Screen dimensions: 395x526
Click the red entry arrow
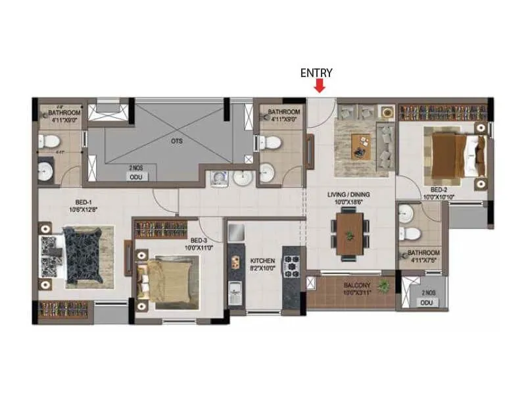point(320,86)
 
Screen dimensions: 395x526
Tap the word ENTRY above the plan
point(316,73)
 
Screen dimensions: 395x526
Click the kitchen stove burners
point(291,265)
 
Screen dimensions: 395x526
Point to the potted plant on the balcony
point(385,286)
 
